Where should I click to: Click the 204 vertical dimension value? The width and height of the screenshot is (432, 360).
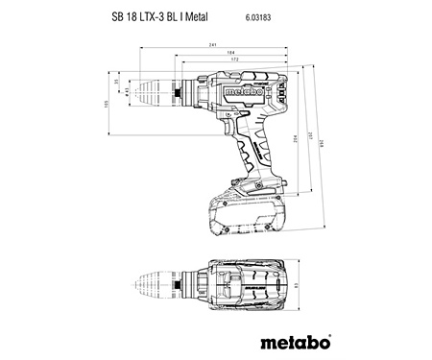306,139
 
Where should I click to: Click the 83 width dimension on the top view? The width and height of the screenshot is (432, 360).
299,284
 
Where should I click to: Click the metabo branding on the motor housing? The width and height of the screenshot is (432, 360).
245,89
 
